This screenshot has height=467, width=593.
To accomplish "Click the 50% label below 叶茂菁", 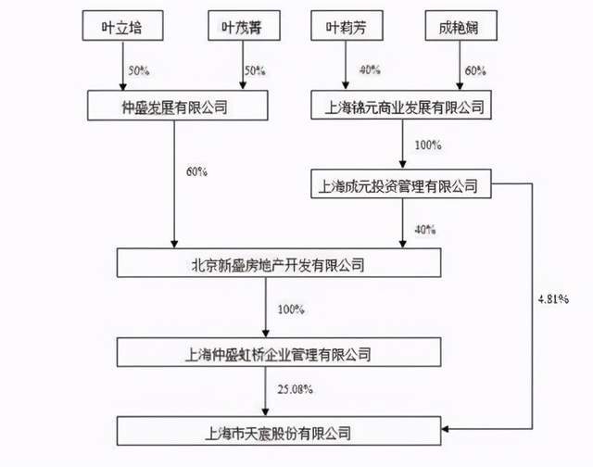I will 254,70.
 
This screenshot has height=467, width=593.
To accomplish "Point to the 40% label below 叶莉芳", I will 370,70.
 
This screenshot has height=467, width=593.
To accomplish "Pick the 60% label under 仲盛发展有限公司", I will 196,172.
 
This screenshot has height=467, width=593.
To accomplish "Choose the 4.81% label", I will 554,300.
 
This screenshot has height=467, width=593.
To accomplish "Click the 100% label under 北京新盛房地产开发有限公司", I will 290,309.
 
